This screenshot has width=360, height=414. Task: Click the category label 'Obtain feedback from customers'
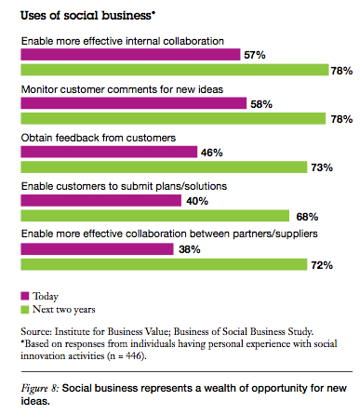point(98,138)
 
